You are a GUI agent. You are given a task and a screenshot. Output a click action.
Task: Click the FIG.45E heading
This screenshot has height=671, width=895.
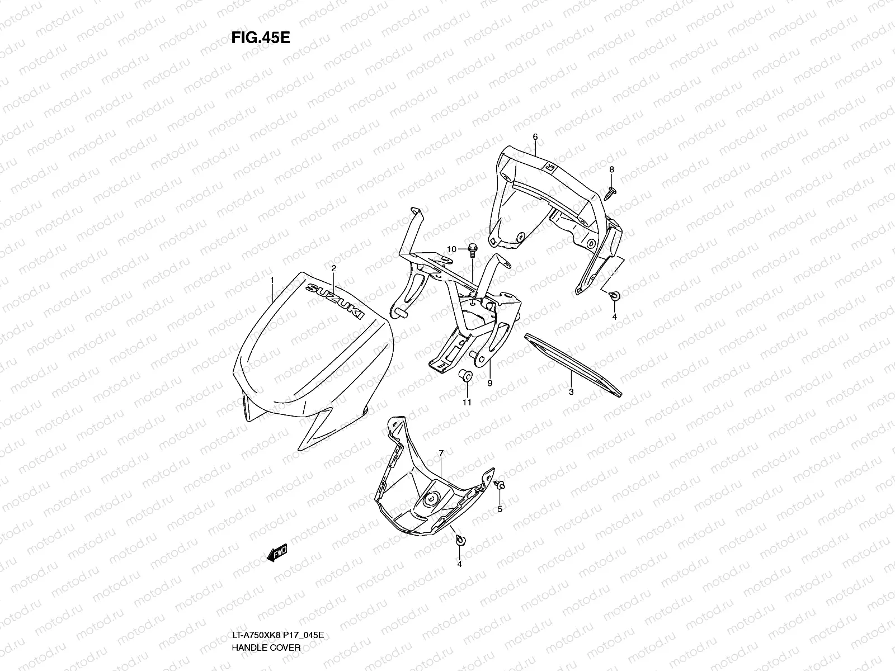[260, 37]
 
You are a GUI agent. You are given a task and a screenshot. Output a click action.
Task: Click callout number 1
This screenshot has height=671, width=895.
[272, 279]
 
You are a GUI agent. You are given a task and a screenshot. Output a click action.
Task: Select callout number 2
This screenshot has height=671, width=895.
[333, 268]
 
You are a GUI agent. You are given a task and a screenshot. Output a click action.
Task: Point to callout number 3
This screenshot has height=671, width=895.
[571, 392]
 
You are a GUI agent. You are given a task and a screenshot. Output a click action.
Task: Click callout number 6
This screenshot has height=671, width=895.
[535, 136]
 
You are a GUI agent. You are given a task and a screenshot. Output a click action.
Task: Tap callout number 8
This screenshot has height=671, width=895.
[611, 169]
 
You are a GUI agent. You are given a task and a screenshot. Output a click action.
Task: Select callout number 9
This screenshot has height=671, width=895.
[489, 383]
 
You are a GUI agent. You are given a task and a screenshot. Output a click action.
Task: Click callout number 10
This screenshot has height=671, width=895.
[452, 248]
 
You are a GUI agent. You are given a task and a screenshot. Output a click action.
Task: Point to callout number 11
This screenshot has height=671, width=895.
[467, 401]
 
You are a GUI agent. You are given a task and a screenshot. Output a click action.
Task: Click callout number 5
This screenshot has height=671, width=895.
[500, 509]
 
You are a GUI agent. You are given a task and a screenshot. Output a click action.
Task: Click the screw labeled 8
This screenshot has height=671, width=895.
[610, 192]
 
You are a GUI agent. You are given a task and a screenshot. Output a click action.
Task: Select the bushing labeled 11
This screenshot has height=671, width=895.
[465, 376]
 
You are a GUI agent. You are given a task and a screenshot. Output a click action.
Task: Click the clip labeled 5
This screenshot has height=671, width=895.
[500, 485]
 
